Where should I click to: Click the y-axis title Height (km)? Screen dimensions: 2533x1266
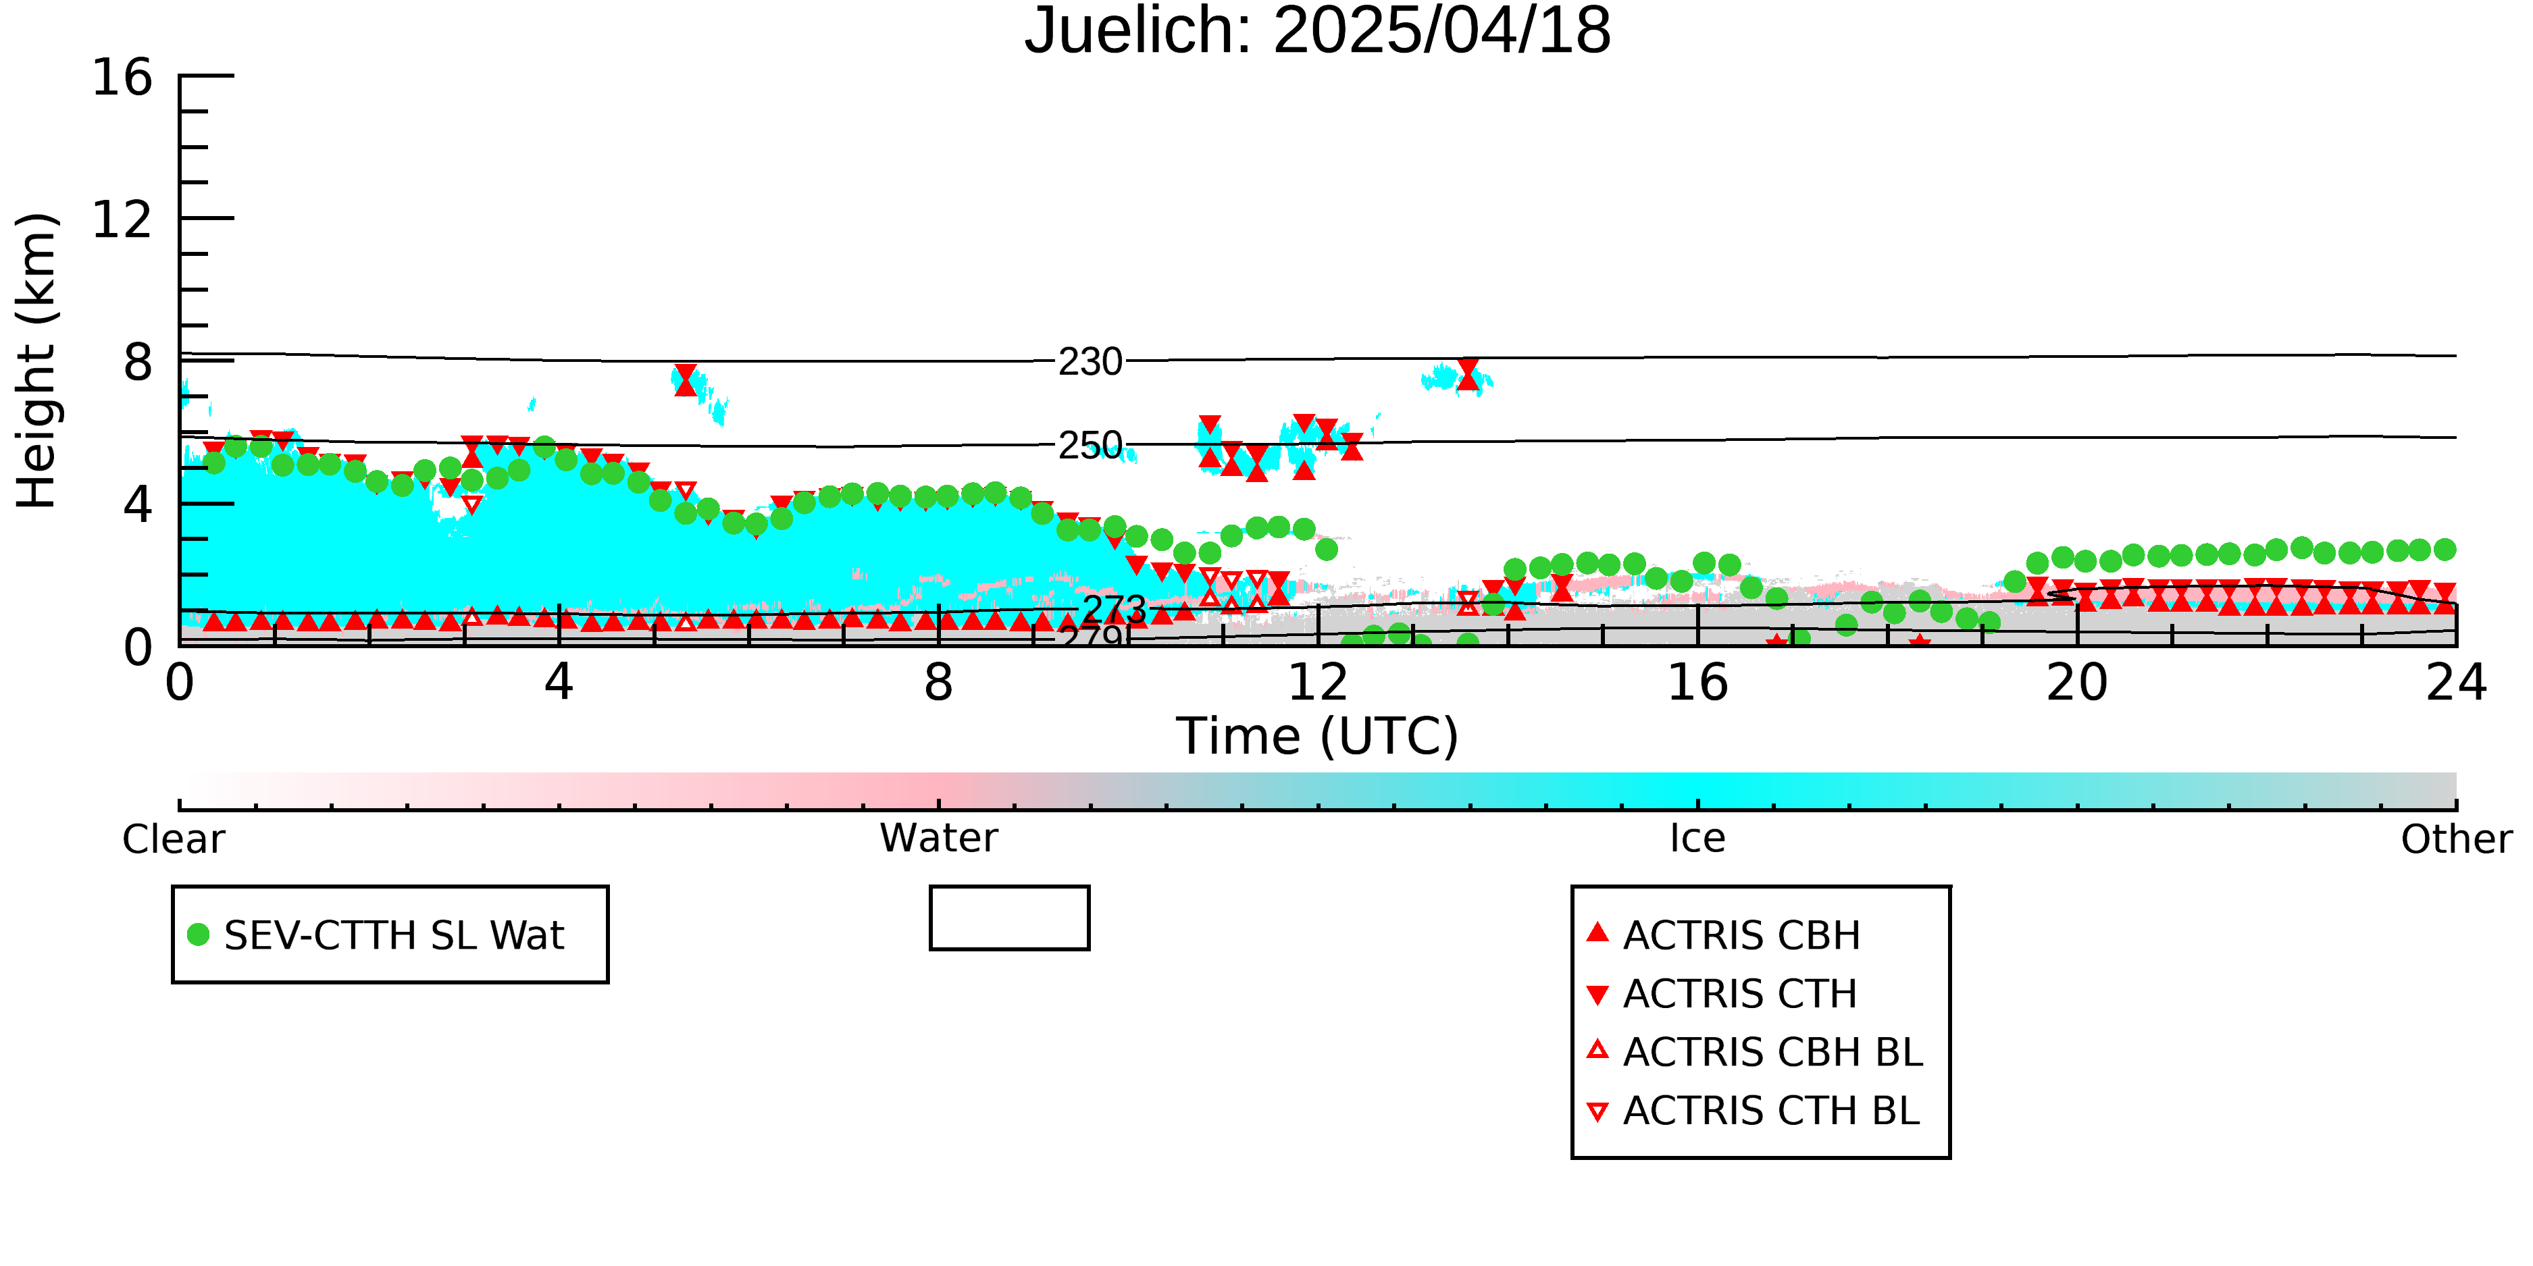tap(36, 361)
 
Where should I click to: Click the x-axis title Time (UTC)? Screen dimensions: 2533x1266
tap(1318, 736)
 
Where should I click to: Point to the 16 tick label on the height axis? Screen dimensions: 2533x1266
tap(122, 77)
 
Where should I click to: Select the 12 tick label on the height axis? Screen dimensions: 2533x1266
tap(122, 219)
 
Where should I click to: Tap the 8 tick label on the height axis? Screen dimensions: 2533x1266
tap(138, 363)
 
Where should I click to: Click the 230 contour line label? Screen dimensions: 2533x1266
tap(1090, 362)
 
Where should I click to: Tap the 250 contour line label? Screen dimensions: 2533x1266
tap(1090, 445)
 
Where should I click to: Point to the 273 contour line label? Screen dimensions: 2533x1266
tap(1114, 610)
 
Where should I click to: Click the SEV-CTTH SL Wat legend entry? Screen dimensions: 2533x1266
tap(377, 934)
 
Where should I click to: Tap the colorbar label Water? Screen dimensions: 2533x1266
tap(938, 839)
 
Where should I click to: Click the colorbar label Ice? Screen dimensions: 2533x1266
tap(1697, 839)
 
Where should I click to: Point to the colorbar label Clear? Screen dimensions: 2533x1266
tap(173, 839)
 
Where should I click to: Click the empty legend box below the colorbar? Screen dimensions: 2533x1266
tap(1009, 889)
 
